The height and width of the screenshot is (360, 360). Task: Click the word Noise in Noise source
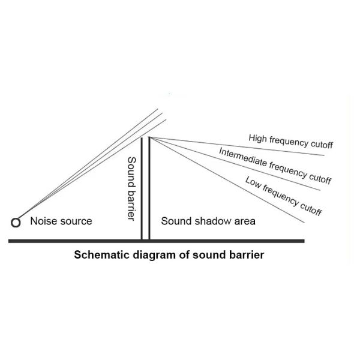(x=42, y=221)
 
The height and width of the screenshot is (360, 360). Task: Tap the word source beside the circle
(x=75, y=221)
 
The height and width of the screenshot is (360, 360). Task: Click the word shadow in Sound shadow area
(x=208, y=221)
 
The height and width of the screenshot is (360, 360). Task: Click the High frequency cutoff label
(x=290, y=142)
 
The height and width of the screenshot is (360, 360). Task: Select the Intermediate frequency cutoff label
(x=275, y=165)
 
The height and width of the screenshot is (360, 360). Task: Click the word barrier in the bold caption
(x=245, y=254)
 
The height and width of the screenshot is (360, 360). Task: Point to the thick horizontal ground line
(x=156, y=241)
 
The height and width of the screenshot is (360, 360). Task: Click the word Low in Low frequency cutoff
(x=253, y=182)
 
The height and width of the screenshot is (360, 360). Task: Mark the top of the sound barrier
(x=145, y=138)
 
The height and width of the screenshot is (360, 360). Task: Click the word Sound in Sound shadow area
(x=175, y=221)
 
